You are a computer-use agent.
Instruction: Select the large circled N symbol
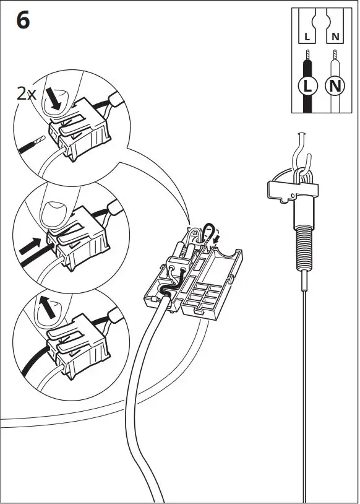[x=335, y=85]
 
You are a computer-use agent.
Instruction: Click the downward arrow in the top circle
[x=54, y=99]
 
